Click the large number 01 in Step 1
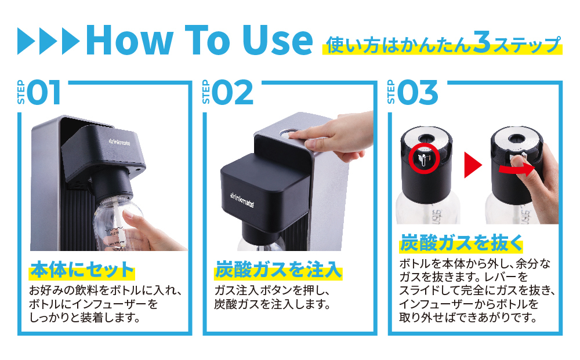43,93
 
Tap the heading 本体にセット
82,271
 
